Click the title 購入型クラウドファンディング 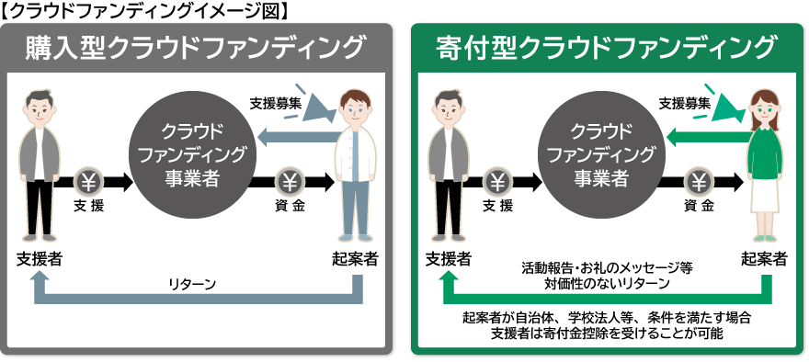tap(194, 48)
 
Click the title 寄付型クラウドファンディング tap(606, 48)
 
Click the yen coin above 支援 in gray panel tap(89, 182)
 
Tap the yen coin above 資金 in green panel tap(698, 182)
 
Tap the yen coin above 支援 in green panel tap(498, 182)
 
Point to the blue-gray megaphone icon tap(315, 106)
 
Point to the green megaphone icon tap(725, 106)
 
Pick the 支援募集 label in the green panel tap(685, 103)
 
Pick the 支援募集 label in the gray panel tap(276, 103)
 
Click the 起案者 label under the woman tap(765, 258)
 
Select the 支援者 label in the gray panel tap(40, 258)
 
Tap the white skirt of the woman tap(765, 197)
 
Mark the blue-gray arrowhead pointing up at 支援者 tap(40, 280)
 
